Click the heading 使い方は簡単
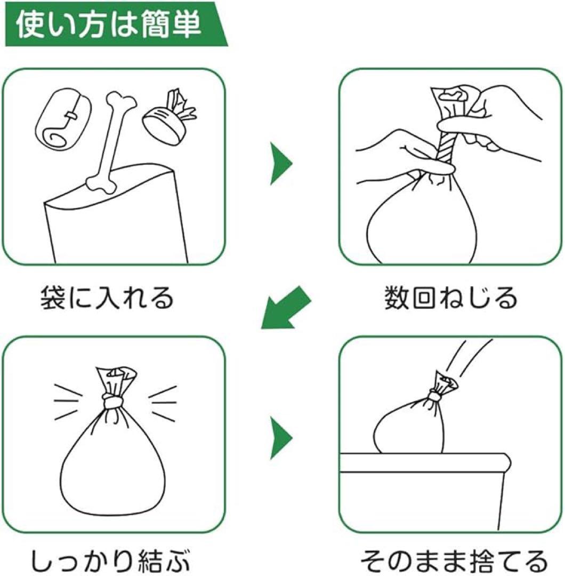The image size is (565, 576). tap(109, 25)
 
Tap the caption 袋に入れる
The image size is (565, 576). tap(107, 298)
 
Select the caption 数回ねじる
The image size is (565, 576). tap(451, 298)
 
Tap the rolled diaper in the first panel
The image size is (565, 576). tap(62, 118)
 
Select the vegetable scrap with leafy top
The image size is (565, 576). tap(170, 117)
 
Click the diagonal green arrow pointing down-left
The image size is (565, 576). tap(286, 307)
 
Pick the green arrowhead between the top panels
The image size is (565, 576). tap(281, 164)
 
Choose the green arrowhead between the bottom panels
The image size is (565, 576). tap(281, 438)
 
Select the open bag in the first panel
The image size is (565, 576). tap(116, 213)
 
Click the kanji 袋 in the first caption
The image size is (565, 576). tap(53, 298)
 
